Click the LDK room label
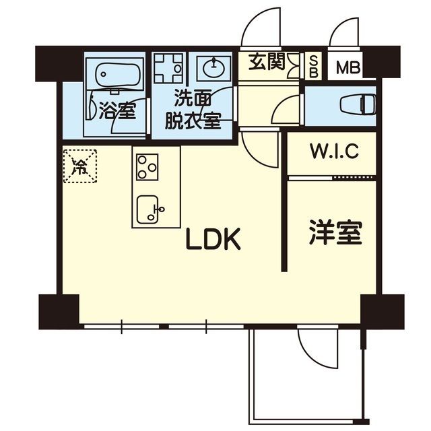coord(214,240)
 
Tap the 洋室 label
coord(335,232)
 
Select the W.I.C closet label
coord(333,152)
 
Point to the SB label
coord(314,67)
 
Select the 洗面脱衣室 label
coord(194,109)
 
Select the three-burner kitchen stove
coord(147,166)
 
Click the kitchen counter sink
coord(149,209)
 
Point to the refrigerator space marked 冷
coord(80,166)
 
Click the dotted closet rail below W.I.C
coord(331,178)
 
